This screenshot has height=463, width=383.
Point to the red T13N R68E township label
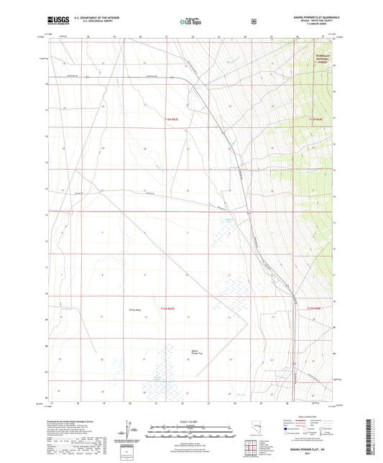click(316, 119)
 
